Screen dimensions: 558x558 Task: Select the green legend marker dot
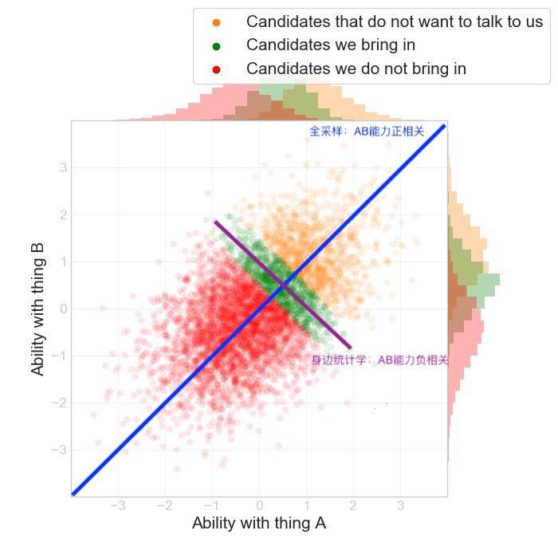point(216,45)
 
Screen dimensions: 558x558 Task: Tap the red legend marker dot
point(216,69)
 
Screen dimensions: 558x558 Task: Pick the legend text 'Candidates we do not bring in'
point(356,69)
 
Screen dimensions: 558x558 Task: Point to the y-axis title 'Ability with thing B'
point(37,309)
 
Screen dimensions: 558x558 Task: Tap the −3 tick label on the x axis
point(117,505)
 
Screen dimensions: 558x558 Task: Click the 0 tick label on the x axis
point(259,505)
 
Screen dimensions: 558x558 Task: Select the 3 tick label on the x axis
point(400,505)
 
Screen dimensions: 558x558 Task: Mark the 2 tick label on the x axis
point(353,505)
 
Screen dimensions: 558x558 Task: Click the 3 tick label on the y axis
point(61,167)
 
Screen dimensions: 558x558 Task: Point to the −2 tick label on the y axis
point(57,403)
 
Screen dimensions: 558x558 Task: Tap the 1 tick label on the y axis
point(61,261)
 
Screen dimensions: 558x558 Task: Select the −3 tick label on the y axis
point(57,450)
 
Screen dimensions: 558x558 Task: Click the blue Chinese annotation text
point(367,132)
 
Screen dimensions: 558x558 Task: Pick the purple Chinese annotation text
point(379,360)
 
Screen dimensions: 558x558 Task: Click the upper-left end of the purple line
point(215,222)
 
